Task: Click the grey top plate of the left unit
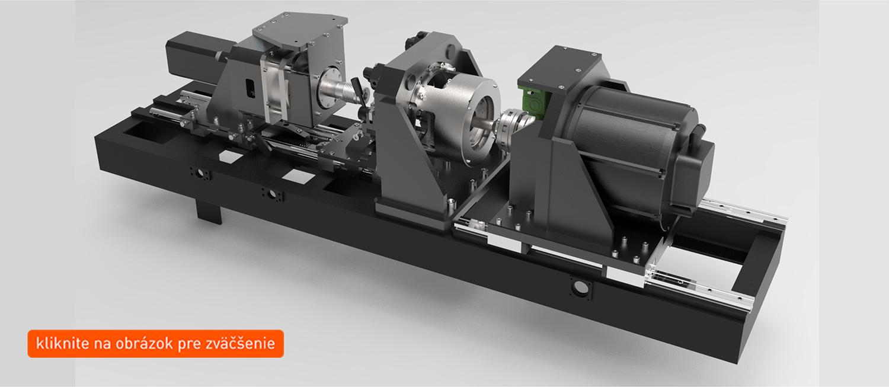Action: coord(300,33)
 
